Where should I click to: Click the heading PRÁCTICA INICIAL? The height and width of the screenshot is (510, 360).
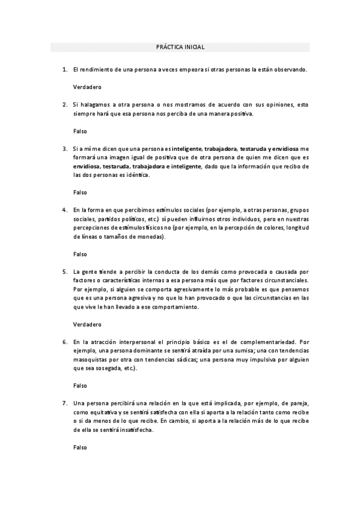click(x=180, y=47)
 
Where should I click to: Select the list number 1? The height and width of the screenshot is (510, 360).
click(x=64, y=70)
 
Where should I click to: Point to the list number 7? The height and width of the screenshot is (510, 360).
click(x=64, y=402)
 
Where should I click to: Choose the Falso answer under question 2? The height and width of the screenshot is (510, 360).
click(x=80, y=131)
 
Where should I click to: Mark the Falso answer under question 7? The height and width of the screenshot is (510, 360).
click(x=80, y=447)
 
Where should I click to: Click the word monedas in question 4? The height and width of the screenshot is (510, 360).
click(x=149, y=236)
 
